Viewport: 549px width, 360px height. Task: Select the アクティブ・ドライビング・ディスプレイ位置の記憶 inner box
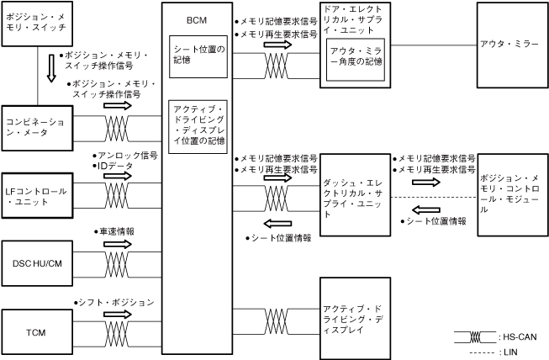tap(198, 126)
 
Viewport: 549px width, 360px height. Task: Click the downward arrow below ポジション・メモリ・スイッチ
tap(50, 68)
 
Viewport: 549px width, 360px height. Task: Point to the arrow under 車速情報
tap(118, 244)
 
